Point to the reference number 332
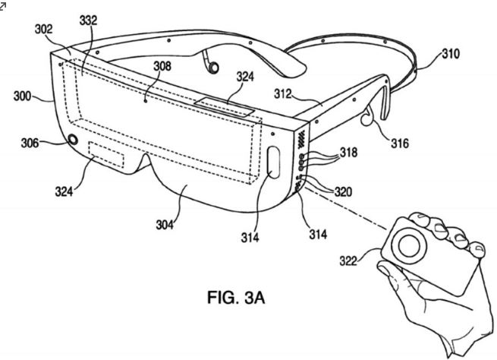click(88, 21)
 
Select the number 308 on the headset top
click(162, 67)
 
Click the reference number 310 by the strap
click(451, 54)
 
